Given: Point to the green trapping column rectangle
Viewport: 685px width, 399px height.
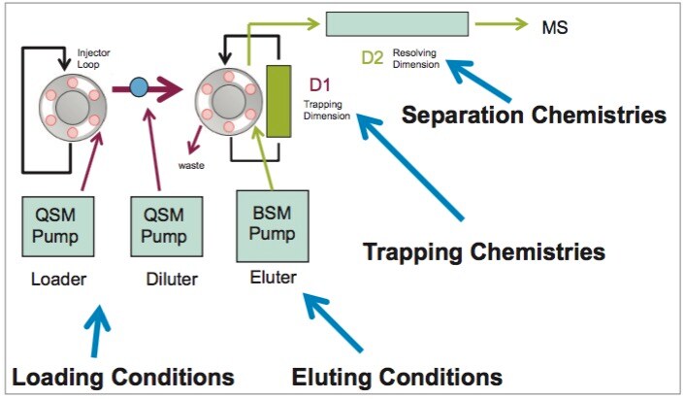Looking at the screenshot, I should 279,101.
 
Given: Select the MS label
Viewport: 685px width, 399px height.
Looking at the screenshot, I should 554,25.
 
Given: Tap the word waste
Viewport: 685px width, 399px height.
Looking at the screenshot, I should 191,165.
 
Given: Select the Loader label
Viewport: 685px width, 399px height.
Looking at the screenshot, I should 58,281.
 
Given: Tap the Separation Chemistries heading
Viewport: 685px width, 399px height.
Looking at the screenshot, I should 534,115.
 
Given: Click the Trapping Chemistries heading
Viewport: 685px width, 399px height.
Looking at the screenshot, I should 483,252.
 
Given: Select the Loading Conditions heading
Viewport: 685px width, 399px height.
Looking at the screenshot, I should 123,377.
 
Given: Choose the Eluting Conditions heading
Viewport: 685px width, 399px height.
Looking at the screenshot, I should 398,377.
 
